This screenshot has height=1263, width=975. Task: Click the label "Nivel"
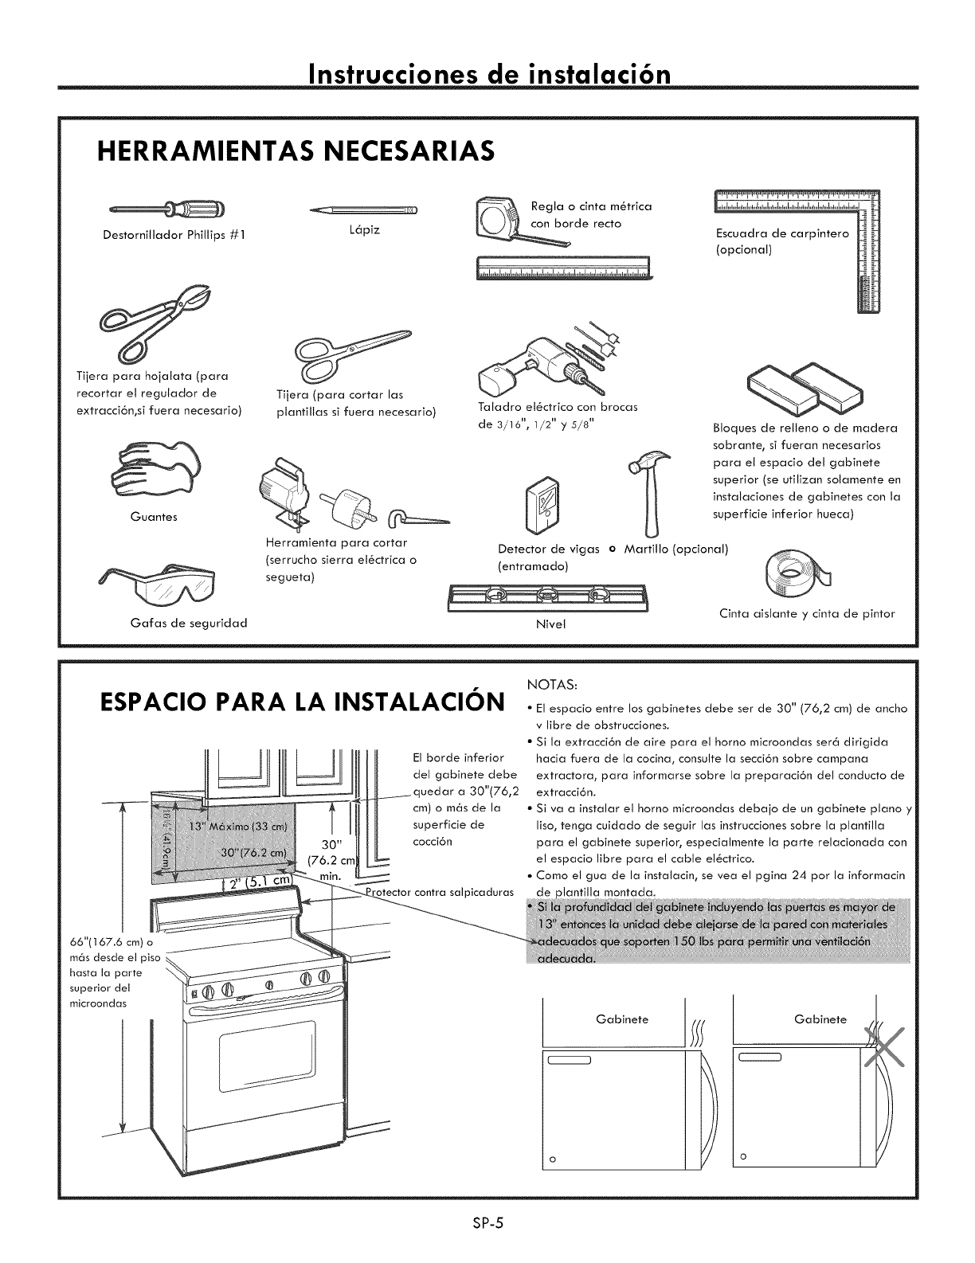[x=550, y=624]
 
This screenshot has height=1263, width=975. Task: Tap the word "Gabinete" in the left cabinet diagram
[x=622, y=1019]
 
